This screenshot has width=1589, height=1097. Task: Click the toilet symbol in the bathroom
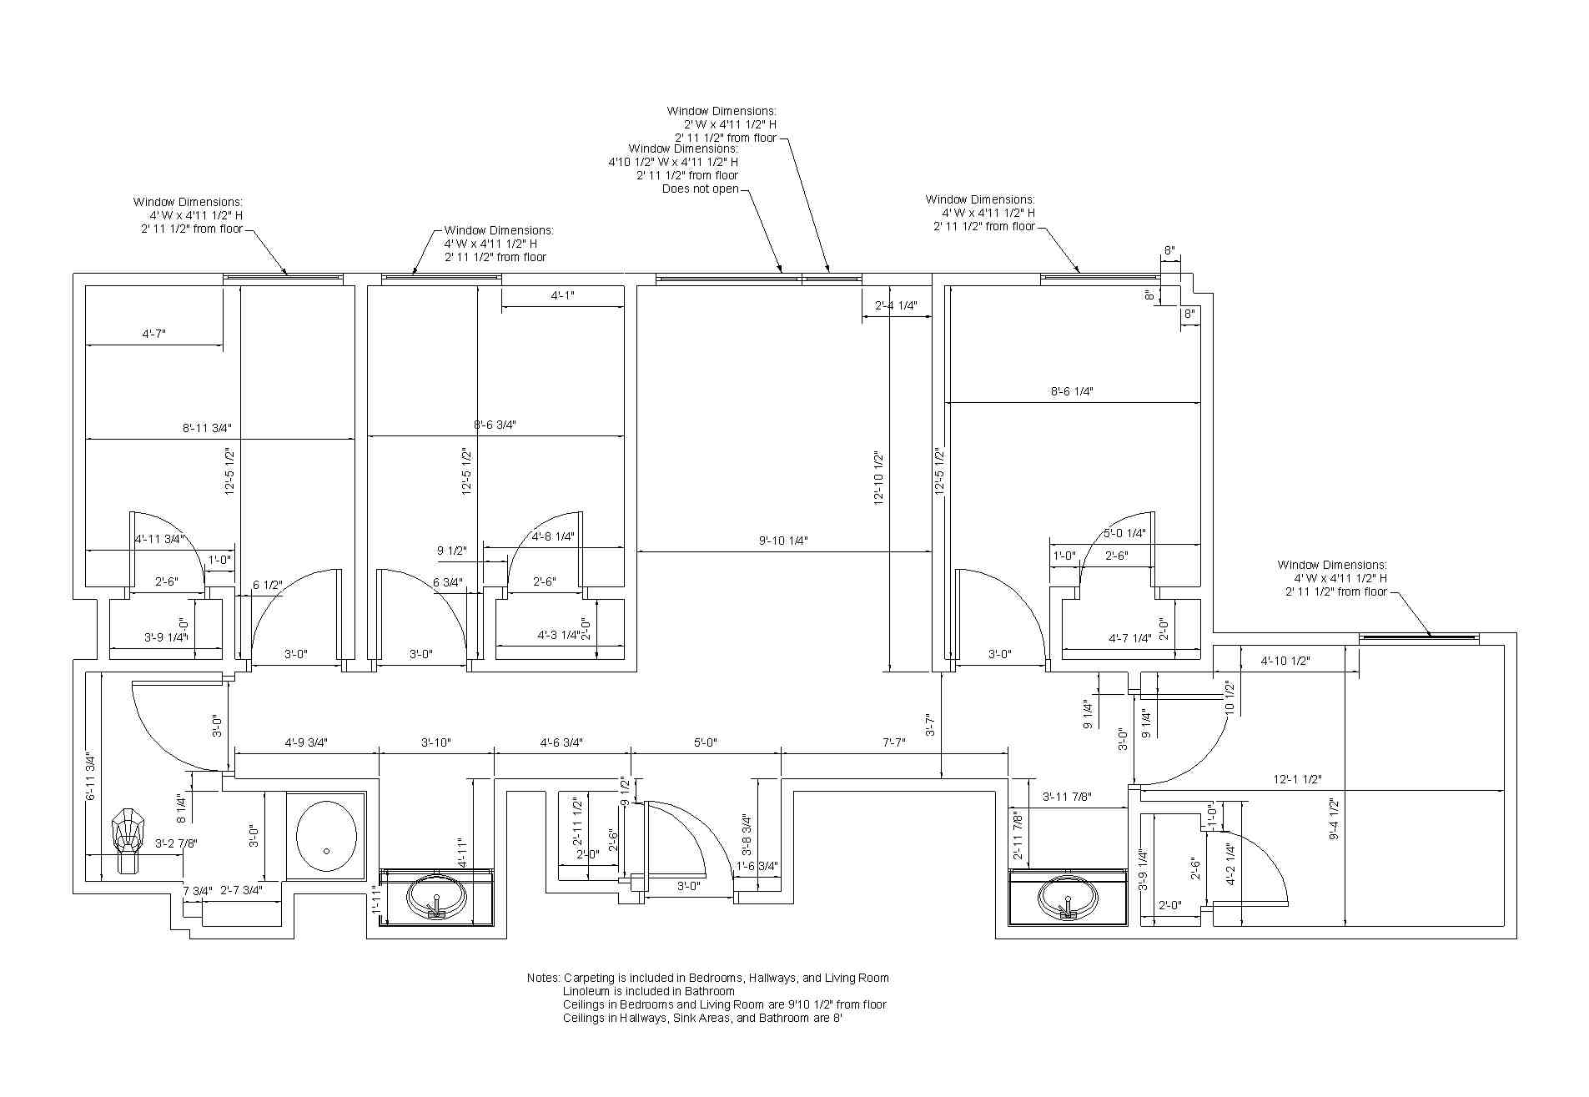[x=127, y=838]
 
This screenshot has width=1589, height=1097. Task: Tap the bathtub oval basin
[x=326, y=837]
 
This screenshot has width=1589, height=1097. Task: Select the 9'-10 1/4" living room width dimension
[x=783, y=541]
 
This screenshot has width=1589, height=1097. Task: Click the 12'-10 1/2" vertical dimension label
[x=878, y=478]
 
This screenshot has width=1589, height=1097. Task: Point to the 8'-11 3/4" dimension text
[x=207, y=428]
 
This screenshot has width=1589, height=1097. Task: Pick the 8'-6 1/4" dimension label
[x=1071, y=391]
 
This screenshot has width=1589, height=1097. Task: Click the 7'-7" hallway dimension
[x=893, y=742]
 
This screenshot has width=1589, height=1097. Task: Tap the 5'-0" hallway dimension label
[x=705, y=742]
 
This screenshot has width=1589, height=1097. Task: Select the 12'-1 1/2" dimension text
[x=1297, y=779]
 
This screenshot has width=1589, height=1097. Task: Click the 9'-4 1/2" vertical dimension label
[x=1334, y=818]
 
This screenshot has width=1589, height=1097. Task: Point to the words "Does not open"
[x=701, y=189]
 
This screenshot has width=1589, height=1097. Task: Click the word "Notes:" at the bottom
[x=544, y=978]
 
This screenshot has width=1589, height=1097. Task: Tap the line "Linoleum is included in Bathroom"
[x=648, y=991]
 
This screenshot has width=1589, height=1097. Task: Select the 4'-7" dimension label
[x=153, y=334]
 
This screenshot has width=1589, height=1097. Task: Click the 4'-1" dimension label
[x=562, y=296]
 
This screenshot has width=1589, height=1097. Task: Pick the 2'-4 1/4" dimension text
[x=896, y=306]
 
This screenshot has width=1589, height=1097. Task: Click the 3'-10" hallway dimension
[x=436, y=742]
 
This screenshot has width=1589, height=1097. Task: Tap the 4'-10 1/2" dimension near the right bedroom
[x=1285, y=662]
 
